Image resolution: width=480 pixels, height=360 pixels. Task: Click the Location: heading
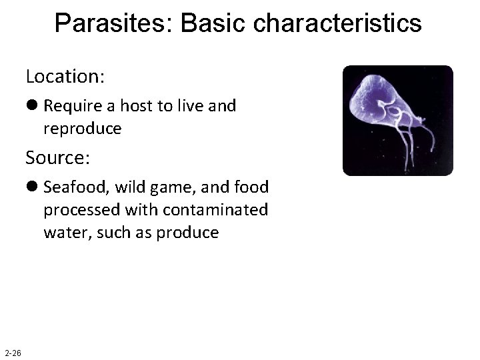(x=65, y=76)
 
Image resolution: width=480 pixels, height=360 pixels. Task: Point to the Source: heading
(x=58, y=158)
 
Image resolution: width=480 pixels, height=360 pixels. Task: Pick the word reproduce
(x=83, y=128)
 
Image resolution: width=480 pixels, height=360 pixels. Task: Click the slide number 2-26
(x=13, y=353)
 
